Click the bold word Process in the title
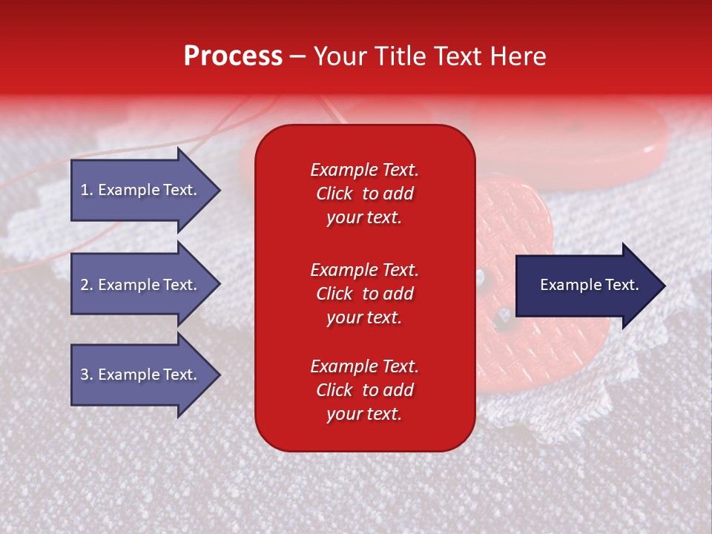click(233, 56)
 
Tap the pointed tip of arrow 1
click(218, 190)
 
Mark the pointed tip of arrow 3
click(218, 375)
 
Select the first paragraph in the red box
click(364, 194)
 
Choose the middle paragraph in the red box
click(364, 294)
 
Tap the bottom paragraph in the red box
click(364, 390)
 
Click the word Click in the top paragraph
click(334, 194)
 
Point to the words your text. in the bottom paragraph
click(363, 414)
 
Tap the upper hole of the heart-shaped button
click(481, 279)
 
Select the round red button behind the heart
click(630, 141)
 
